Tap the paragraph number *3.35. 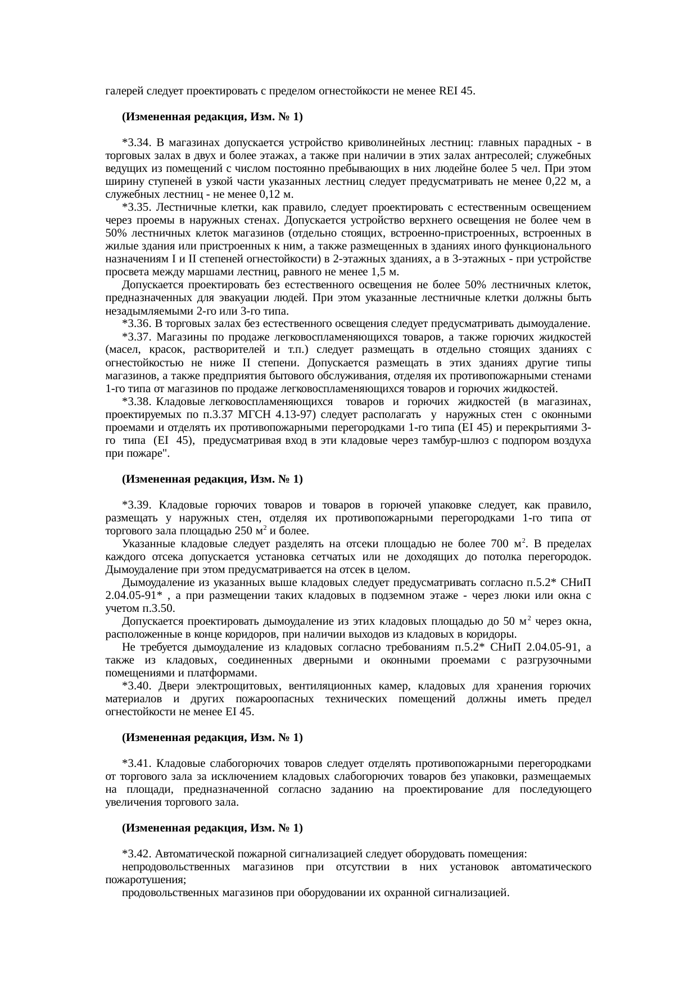137,207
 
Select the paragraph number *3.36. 137,324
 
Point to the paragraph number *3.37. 137,337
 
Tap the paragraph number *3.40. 137,687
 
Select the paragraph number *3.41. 137,764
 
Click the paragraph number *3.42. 137,855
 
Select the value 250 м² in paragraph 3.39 251,531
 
